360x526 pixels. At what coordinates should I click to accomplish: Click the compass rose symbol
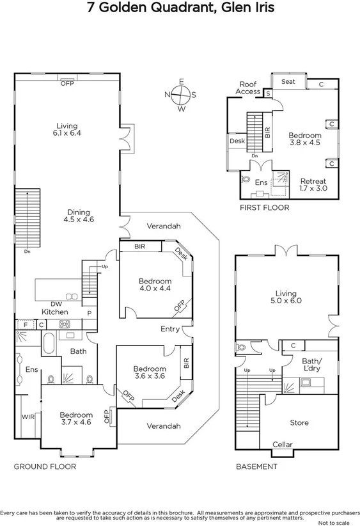coord(181,95)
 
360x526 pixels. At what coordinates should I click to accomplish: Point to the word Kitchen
coord(55,312)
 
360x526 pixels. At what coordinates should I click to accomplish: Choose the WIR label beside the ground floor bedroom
coord(28,417)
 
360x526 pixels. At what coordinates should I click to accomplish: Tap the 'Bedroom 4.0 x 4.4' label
coord(155,284)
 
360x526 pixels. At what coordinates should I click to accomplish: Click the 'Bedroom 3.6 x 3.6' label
coord(149,372)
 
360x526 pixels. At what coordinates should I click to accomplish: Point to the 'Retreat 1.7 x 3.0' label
coord(313,184)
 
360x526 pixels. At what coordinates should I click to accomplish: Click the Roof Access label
coord(247,88)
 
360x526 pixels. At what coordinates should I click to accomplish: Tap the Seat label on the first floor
coord(288,82)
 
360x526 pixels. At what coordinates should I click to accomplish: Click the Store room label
coord(299,422)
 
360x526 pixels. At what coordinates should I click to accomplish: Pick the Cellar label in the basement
coord(283,445)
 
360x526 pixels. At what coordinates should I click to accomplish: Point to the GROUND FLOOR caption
coord(45,466)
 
